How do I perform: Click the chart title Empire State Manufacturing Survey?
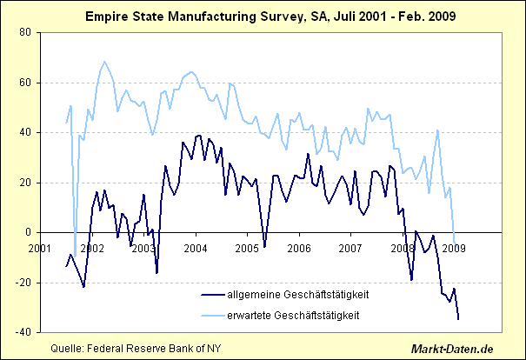tap(263, 17)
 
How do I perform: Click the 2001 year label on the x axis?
tap(40, 248)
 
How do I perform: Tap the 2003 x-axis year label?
tap(143, 248)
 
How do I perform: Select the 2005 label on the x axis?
tap(247, 248)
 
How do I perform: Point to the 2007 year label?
tap(350, 248)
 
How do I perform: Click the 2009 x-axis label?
tap(454, 248)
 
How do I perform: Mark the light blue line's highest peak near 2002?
tap(104, 62)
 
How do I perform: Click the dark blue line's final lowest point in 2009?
tap(458, 318)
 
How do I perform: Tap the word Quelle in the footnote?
tap(68, 349)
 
